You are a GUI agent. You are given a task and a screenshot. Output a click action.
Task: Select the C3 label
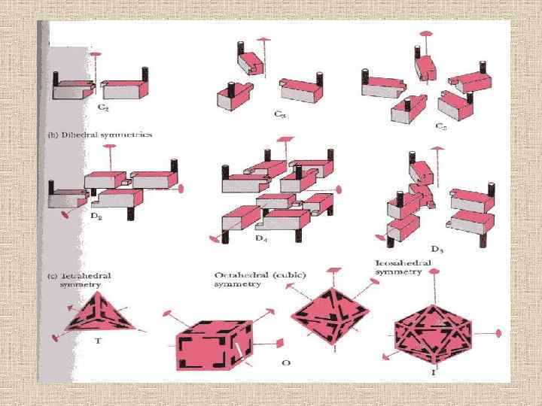(x=280, y=115)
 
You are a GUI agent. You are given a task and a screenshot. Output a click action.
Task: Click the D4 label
(x=260, y=239)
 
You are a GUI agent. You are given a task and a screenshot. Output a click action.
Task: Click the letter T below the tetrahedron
(x=98, y=341)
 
